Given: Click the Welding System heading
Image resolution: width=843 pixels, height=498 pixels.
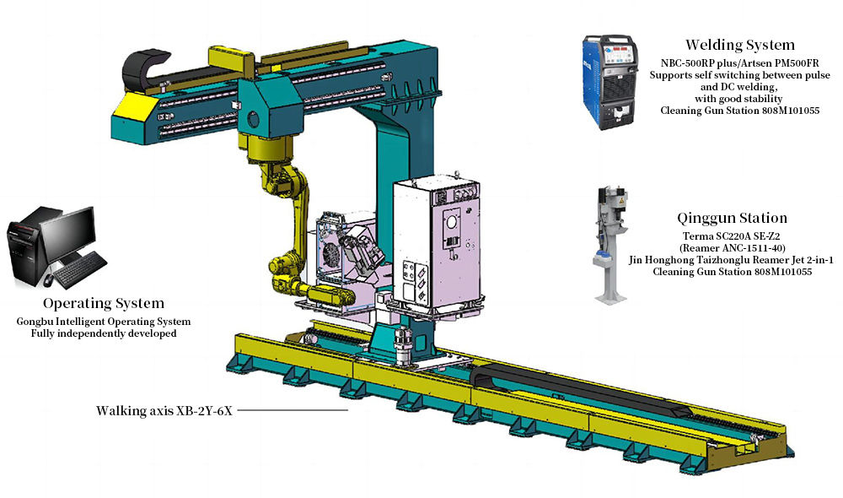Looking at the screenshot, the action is (x=740, y=45).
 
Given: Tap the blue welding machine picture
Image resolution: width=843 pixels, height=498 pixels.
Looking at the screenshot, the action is (x=610, y=82).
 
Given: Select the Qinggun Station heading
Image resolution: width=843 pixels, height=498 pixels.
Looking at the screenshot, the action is (x=732, y=218).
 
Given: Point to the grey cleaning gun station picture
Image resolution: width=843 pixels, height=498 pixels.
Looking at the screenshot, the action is (x=610, y=245).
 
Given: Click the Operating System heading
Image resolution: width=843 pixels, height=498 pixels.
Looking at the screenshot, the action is (x=104, y=303).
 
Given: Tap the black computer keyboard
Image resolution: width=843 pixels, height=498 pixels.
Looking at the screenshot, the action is (x=81, y=268).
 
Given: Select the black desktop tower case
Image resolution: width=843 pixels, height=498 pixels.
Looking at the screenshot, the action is (x=24, y=245).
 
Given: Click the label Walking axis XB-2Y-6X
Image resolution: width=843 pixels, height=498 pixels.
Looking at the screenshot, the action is (x=164, y=411).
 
